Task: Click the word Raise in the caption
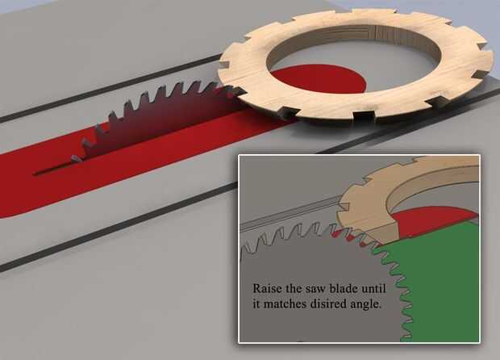pos(267,288)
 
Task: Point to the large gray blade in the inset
pos(306,258)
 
